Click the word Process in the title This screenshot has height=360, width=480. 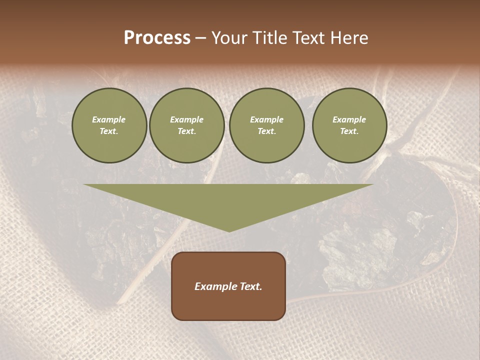click(157, 38)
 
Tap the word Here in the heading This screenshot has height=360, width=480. click(349, 38)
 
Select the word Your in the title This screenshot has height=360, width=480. click(228, 38)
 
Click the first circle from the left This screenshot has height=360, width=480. click(109, 125)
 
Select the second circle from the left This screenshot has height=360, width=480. click(187, 125)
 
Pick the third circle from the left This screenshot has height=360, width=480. click(267, 125)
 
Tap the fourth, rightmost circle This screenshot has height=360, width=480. click(349, 125)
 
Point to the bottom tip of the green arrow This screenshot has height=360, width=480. click(229, 231)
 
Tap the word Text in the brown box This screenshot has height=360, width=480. click(251, 286)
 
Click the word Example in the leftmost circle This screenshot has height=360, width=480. click(109, 119)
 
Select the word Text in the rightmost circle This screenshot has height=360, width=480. click(349, 131)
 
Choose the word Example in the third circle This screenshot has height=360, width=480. click(267, 119)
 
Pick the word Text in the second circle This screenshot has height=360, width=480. click(186, 131)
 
